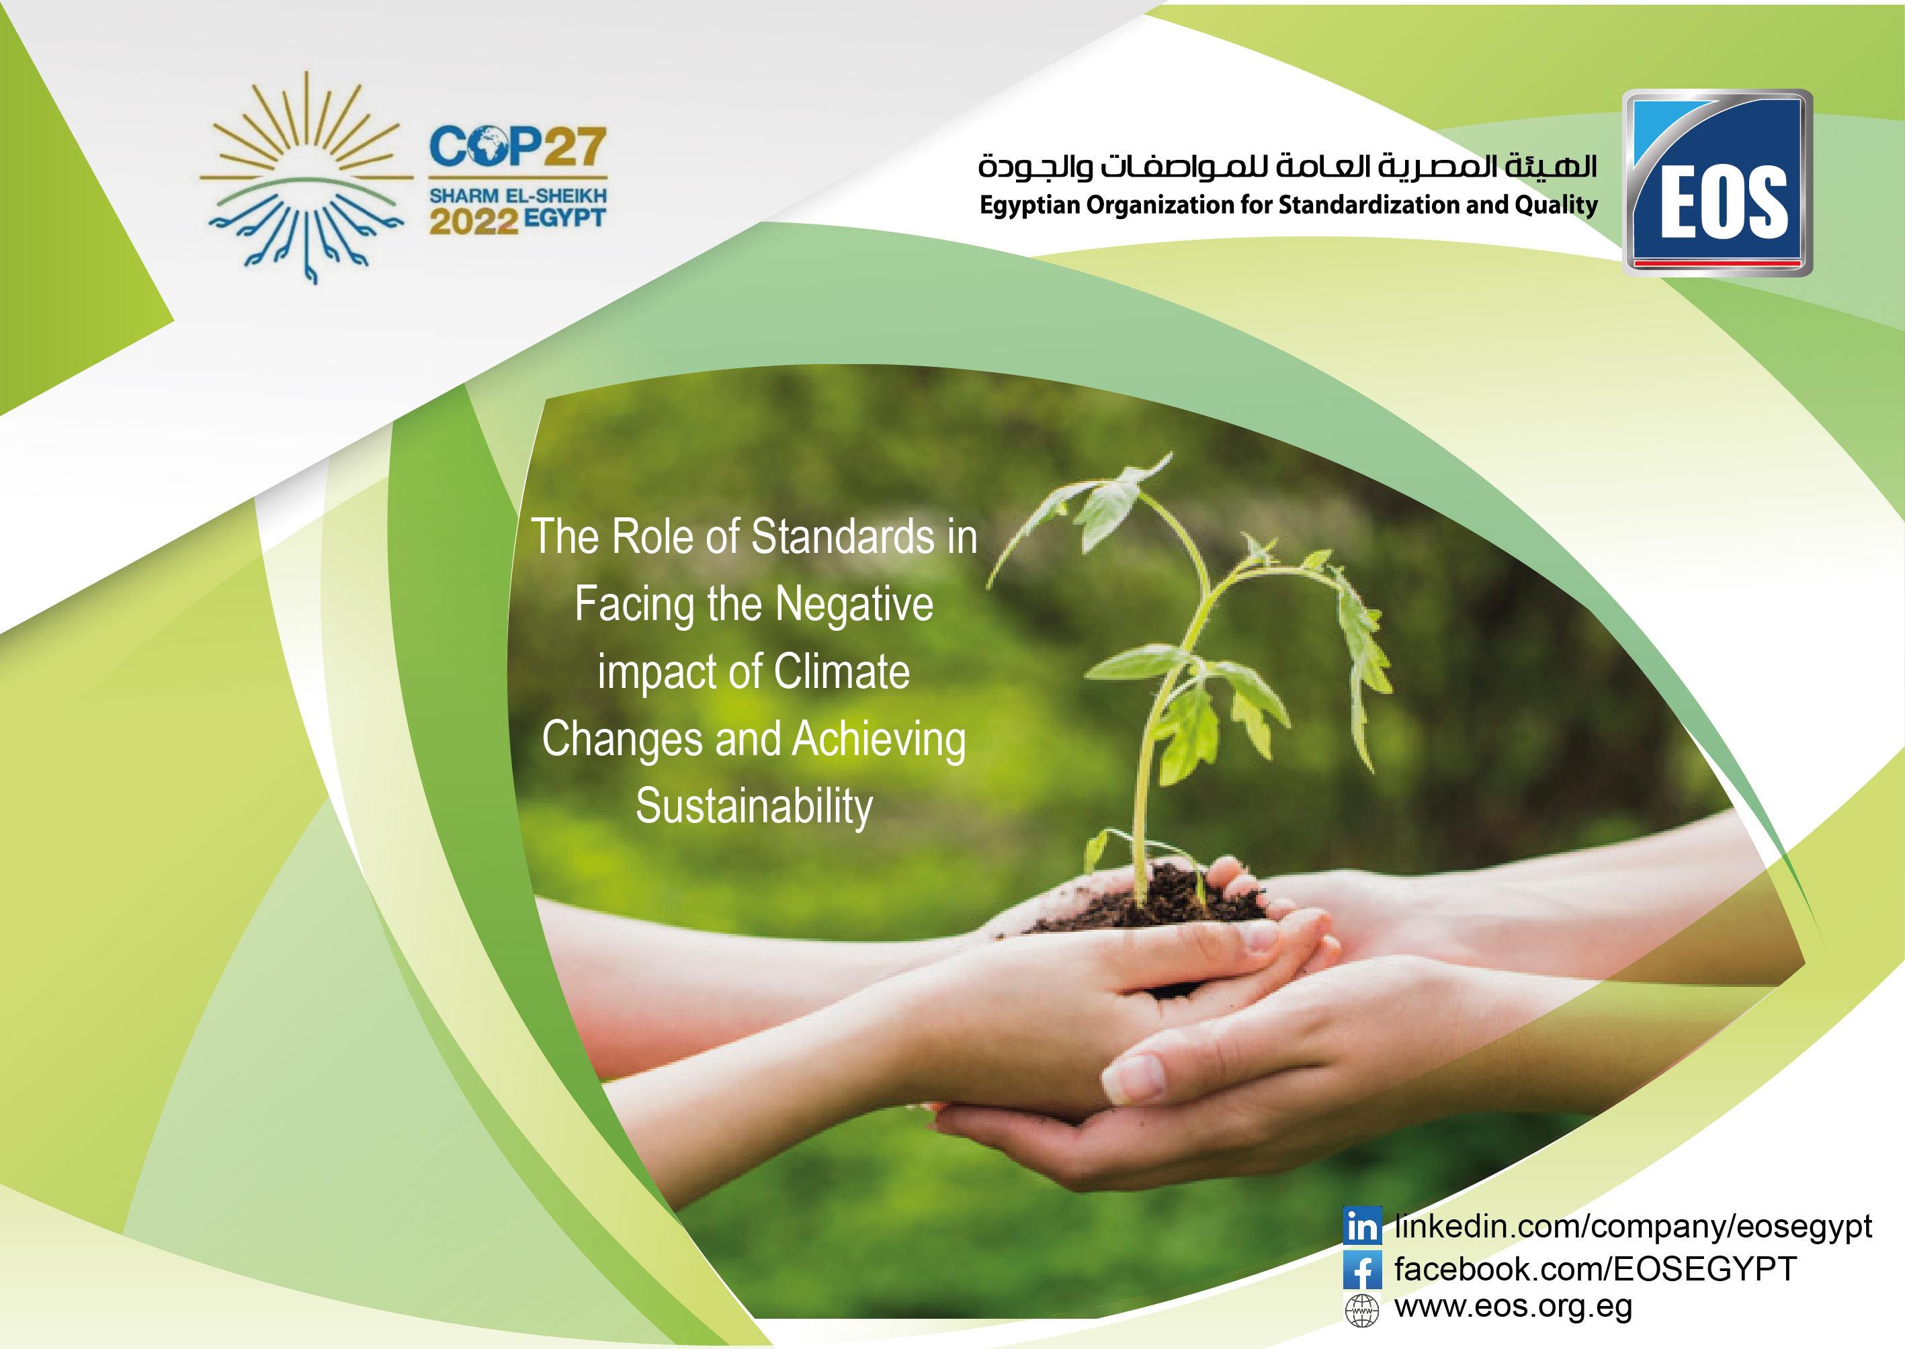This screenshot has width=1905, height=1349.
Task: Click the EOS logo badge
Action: [x=1718, y=183]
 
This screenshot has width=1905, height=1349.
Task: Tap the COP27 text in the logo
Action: [x=517, y=146]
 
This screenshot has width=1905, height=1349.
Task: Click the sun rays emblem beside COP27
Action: [x=306, y=177]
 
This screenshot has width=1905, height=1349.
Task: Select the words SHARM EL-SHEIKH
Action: [x=517, y=196]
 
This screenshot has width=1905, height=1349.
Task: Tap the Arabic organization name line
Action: [x=1287, y=166]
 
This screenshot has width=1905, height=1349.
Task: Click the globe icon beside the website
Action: [x=1361, y=1311]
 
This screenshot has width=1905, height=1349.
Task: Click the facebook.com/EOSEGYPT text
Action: [x=1595, y=1268]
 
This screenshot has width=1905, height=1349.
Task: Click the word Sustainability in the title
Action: [x=753, y=807]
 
